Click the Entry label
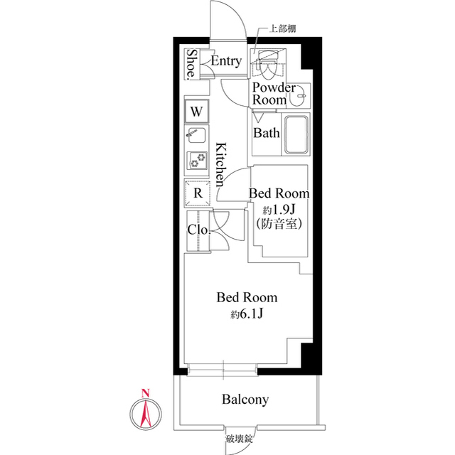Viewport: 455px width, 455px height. pos(226,61)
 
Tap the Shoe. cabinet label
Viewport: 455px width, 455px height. pos(191,64)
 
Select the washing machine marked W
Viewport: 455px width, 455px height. pos(196,111)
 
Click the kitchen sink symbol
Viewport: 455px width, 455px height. pos(197,134)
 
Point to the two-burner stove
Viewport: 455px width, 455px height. pos(197,159)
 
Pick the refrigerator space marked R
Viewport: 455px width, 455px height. pos(198,193)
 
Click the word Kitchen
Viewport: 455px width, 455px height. pos(221,164)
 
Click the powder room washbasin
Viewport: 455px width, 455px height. pos(299,95)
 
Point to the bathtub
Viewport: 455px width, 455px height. pos(296,134)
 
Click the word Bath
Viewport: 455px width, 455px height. pos(266,133)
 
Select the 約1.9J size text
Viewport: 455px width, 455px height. pos(279,209)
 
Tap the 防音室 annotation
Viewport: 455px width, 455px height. pos(279,223)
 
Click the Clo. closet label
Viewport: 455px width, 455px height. pos(198,230)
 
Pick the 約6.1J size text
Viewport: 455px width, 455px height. pos(247,314)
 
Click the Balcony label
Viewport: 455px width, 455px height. pos(245,400)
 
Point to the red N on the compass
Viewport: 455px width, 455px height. pos(145,393)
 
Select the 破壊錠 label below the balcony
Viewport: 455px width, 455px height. pos(239,439)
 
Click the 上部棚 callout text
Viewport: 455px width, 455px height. pos(282,28)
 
